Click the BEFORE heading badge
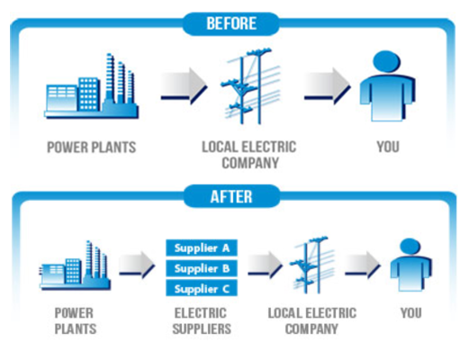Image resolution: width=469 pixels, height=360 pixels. click(x=230, y=23)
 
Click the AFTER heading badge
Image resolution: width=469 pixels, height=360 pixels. click(x=231, y=196)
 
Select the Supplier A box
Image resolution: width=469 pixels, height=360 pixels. click(x=202, y=247)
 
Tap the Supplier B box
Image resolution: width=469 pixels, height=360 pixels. click(x=202, y=268)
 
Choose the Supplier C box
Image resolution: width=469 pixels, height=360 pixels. click(x=202, y=288)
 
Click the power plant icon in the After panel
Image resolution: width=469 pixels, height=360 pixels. click(x=75, y=265)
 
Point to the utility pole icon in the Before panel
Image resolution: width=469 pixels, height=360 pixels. click(x=250, y=86)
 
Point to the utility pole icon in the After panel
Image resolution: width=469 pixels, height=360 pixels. click(x=311, y=265)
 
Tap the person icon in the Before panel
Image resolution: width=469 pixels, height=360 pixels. click(x=387, y=86)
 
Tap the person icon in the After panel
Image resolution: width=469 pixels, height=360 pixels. click(x=410, y=265)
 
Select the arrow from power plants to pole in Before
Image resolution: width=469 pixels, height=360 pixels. click(x=184, y=86)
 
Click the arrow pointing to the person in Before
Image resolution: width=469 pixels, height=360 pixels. click(x=327, y=86)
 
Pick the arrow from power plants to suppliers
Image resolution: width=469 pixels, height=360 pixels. click(x=137, y=265)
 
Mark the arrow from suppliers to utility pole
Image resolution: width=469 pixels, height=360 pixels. click(x=265, y=265)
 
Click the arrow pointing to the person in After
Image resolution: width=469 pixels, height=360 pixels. click(x=363, y=265)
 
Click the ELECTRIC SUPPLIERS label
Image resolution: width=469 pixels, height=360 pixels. click(x=202, y=321)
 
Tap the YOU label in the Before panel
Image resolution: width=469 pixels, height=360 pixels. click(x=388, y=147)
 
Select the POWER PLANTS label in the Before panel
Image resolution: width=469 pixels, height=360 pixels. click(x=92, y=148)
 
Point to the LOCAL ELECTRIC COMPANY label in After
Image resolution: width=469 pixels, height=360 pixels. click(x=312, y=321)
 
